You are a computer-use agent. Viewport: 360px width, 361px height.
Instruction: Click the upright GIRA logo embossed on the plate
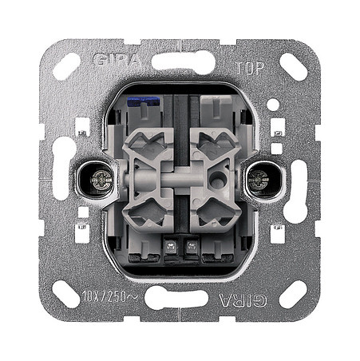click(117, 60)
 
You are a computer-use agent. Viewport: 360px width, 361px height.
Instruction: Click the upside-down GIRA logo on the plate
click(243, 300)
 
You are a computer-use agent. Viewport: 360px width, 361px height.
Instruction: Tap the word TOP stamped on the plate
click(250, 68)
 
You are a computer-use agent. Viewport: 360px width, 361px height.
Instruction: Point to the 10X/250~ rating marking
click(109, 296)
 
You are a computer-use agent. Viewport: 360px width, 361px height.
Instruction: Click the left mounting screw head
click(101, 180)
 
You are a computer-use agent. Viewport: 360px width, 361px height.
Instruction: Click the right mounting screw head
click(259, 180)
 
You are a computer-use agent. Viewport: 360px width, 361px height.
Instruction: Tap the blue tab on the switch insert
click(144, 101)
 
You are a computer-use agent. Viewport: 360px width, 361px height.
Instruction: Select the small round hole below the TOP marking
click(273, 105)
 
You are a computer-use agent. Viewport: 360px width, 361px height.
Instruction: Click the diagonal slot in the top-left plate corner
click(66, 67)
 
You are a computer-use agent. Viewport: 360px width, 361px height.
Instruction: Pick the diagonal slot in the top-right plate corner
click(294, 67)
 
